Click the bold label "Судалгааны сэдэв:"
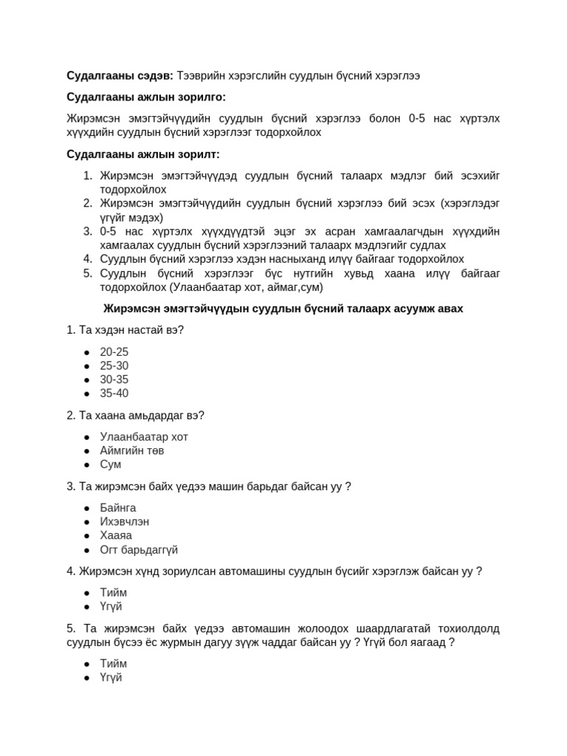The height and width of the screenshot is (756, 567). [x=120, y=76]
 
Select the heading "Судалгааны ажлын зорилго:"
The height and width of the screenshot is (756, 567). [x=146, y=97]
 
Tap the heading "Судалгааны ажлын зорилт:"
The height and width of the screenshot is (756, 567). [x=143, y=154]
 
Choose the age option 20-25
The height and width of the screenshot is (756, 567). [x=114, y=352]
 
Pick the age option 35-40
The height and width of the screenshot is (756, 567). [x=114, y=394]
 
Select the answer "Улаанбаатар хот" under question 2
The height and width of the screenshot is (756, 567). [x=144, y=436]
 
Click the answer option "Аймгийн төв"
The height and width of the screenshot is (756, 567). [x=132, y=450]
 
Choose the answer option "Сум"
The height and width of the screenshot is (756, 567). [x=111, y=464]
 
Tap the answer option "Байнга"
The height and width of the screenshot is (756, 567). [x=118, y=508]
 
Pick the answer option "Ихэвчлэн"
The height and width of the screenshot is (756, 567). [x=125, y=521]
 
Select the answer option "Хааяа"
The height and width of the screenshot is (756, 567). [x=116, y=535]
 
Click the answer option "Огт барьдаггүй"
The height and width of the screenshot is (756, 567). [x=139, y=550]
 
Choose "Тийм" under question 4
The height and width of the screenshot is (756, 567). [x=113, y=592]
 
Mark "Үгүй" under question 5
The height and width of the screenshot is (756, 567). [x=111, y=677]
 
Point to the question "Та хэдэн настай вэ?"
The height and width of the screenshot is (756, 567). [x=125, y=329]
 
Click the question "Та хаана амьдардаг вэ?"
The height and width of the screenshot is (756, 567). [x=135, y=415]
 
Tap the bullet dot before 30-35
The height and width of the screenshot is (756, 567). [x=86, y=380]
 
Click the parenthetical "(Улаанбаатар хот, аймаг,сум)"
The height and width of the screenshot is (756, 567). [x=246, y=287]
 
